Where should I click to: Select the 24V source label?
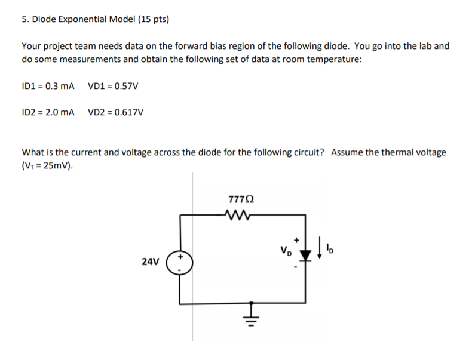151,261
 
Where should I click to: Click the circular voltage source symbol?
181,261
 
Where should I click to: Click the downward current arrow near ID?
321,247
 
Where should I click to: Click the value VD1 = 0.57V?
113,85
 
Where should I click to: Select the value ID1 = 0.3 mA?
48,85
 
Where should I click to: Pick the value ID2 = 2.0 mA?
48,112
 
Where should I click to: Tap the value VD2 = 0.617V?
115,112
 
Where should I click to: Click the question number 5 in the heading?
24,19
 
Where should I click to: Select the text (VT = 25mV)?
48,165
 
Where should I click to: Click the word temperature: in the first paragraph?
335,59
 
